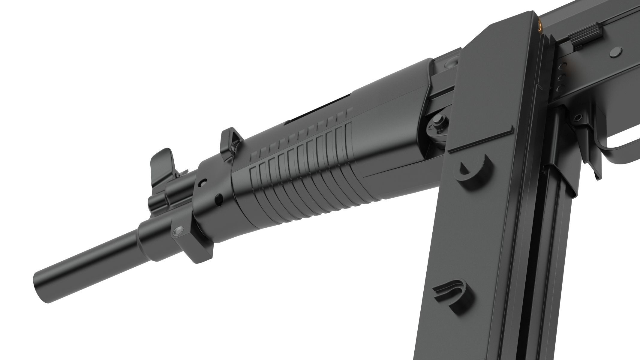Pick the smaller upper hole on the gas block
pyautogui.click(x=204, y=182)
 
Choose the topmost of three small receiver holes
pyautogui.click(x=565, y=65)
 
